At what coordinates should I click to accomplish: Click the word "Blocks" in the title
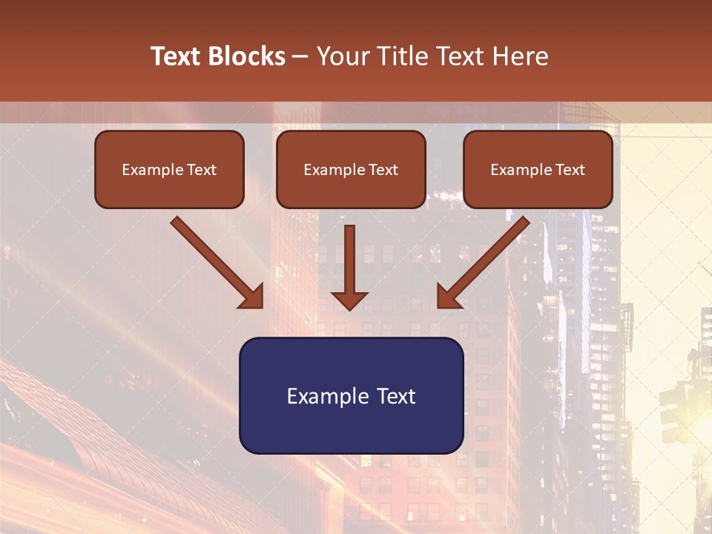[x=247, y=56]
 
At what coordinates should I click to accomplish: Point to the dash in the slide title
[x=300, y=57]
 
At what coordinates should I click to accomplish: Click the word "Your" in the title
[x=344, y=56]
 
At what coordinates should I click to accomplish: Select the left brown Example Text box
[x=169, y=169]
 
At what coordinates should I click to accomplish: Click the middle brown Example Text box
[x=351, y=169]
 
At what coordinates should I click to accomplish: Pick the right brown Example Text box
[x=538, y=169]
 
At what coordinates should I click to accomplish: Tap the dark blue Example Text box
[x=351, y=395]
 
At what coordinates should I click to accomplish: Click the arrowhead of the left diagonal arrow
[x=252, y=297]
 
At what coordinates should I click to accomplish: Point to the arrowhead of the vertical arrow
[x=349, y=300]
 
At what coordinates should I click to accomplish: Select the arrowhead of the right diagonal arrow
[x=449, y=297]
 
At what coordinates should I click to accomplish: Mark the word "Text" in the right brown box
[x=570, y=170]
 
